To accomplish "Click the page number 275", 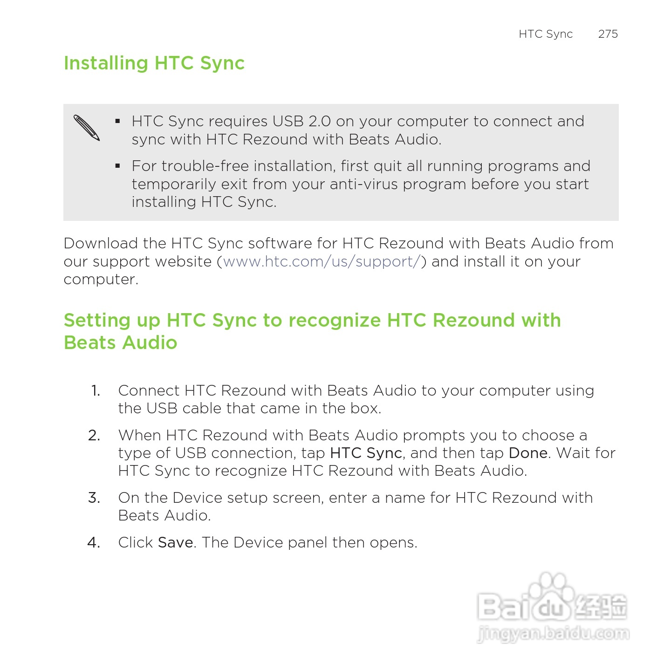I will (608, 34).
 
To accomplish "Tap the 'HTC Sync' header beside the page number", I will (545, 34).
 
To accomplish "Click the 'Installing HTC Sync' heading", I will (154, 63).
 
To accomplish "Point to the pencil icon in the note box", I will (87, 127).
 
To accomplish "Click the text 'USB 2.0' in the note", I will (301, 121).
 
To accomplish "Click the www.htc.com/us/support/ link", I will (322, 262).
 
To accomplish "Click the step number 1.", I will (96, 390).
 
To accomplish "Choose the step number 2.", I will (94, 435).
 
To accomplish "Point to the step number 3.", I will (94, 498).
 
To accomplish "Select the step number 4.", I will (94, 542).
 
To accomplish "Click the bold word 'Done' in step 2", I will (528, 453).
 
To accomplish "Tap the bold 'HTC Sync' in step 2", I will (366, 453).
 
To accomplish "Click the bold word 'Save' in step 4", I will (176, 542).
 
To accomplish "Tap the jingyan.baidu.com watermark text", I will (553, 634).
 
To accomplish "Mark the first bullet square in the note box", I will (118, 121).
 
